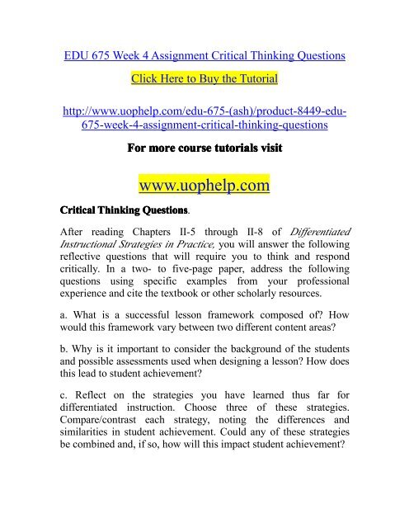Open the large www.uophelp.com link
tap(204, 187)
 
